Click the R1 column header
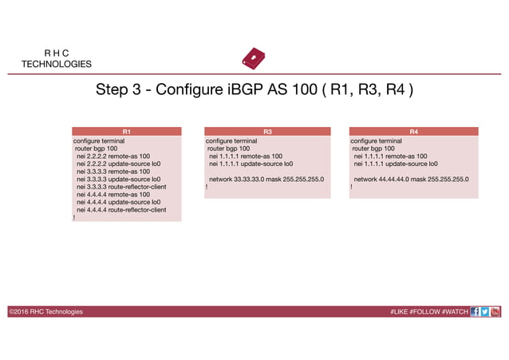point(127,131)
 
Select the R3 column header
point(267,131)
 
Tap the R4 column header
point(412,131)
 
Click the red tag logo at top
point(253,60)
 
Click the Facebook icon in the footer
point(475,311)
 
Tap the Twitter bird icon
point(485,311)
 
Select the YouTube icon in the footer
point(495,311)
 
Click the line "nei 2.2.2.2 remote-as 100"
point(112,156)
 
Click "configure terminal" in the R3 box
point(231,140)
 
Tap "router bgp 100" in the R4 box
point(373,148)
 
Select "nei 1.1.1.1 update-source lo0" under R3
point(251,164)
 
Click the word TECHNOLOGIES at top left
point(56,64)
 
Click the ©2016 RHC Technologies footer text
point(45,311)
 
